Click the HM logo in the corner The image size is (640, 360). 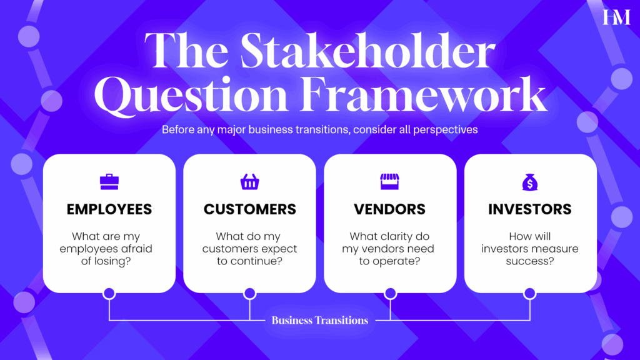616,17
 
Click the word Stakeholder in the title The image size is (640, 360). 367,51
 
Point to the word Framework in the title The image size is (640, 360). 424,95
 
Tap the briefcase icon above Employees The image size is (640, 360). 109,182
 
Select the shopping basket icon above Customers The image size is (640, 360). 250,182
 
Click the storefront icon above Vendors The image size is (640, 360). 390,182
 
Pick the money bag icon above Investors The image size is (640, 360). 530,182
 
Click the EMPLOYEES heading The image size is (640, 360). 109,209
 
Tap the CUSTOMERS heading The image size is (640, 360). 250,209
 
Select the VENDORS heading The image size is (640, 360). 390,209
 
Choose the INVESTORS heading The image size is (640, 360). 530,209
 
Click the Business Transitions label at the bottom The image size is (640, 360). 320,321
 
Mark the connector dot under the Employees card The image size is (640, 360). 109,294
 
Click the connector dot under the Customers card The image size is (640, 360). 250,294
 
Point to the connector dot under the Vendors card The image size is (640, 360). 390,294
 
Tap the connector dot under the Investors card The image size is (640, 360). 530,294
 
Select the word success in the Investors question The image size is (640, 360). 530,261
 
